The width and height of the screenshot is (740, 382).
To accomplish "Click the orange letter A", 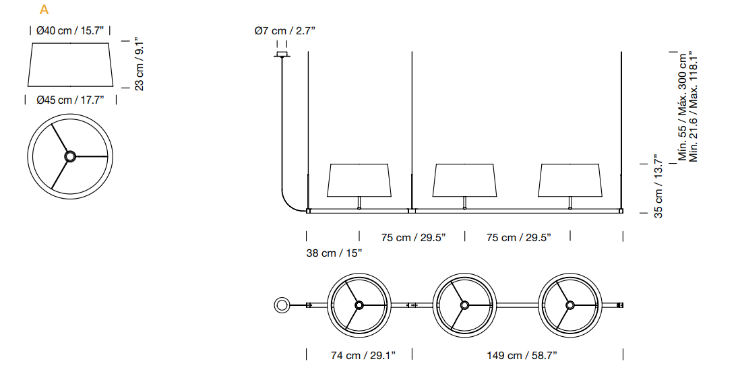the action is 44,10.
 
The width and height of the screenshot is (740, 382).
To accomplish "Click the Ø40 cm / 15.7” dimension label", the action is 70,31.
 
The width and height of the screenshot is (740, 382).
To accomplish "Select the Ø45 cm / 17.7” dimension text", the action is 70,100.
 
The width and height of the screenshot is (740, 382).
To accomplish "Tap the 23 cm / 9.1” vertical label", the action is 140,64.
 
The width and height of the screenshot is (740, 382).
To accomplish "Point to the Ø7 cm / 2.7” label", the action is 284,31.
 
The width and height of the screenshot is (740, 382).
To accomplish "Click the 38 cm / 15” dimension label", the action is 334,253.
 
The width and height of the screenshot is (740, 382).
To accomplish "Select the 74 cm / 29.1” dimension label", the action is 363,356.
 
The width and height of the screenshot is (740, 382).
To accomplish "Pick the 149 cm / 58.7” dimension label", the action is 522,356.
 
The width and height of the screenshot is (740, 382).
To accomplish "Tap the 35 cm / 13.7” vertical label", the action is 659,186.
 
